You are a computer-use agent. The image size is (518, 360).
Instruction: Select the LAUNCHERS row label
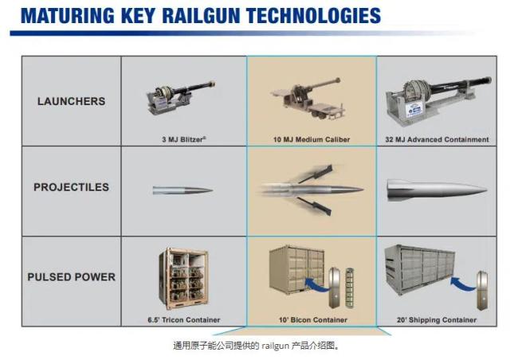tap(71, 101)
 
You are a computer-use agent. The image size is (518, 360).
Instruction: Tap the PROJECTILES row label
tap(71, 188)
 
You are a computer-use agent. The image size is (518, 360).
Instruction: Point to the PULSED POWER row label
tap(71, 277)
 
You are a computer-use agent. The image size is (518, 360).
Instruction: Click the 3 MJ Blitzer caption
tap(183, 139)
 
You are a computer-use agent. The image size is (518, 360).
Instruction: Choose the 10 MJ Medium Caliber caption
tap(311, 139)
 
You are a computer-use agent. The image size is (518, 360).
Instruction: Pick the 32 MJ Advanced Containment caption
tap(436, 139)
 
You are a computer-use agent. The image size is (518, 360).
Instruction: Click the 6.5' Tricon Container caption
tap(183, 320)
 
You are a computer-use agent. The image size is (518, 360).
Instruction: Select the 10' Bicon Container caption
tap(311, 320)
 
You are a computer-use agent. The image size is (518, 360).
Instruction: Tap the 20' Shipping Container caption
tap(436, 320)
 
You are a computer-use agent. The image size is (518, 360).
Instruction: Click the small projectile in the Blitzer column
tap(182, 190)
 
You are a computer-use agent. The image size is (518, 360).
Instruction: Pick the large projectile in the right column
tap(435, 189)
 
